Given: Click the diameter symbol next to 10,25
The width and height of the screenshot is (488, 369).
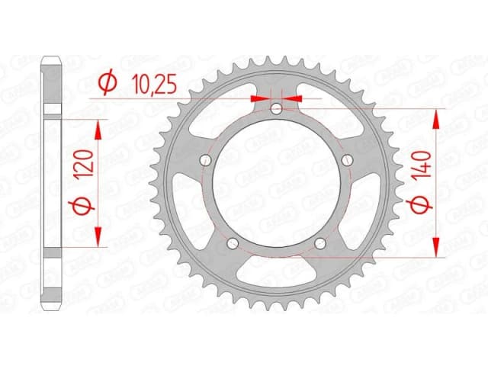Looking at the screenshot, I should coord(108,81).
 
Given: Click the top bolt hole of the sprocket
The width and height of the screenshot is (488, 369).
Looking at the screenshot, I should coord(277,111).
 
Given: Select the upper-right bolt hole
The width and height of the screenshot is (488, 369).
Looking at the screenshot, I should coord(347,159).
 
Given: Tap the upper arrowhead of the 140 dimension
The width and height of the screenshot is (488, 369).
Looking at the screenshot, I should coord(436,117).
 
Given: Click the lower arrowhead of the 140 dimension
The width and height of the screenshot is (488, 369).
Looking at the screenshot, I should coord(436,248).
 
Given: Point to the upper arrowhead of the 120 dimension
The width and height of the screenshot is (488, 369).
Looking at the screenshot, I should coord(98,127).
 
